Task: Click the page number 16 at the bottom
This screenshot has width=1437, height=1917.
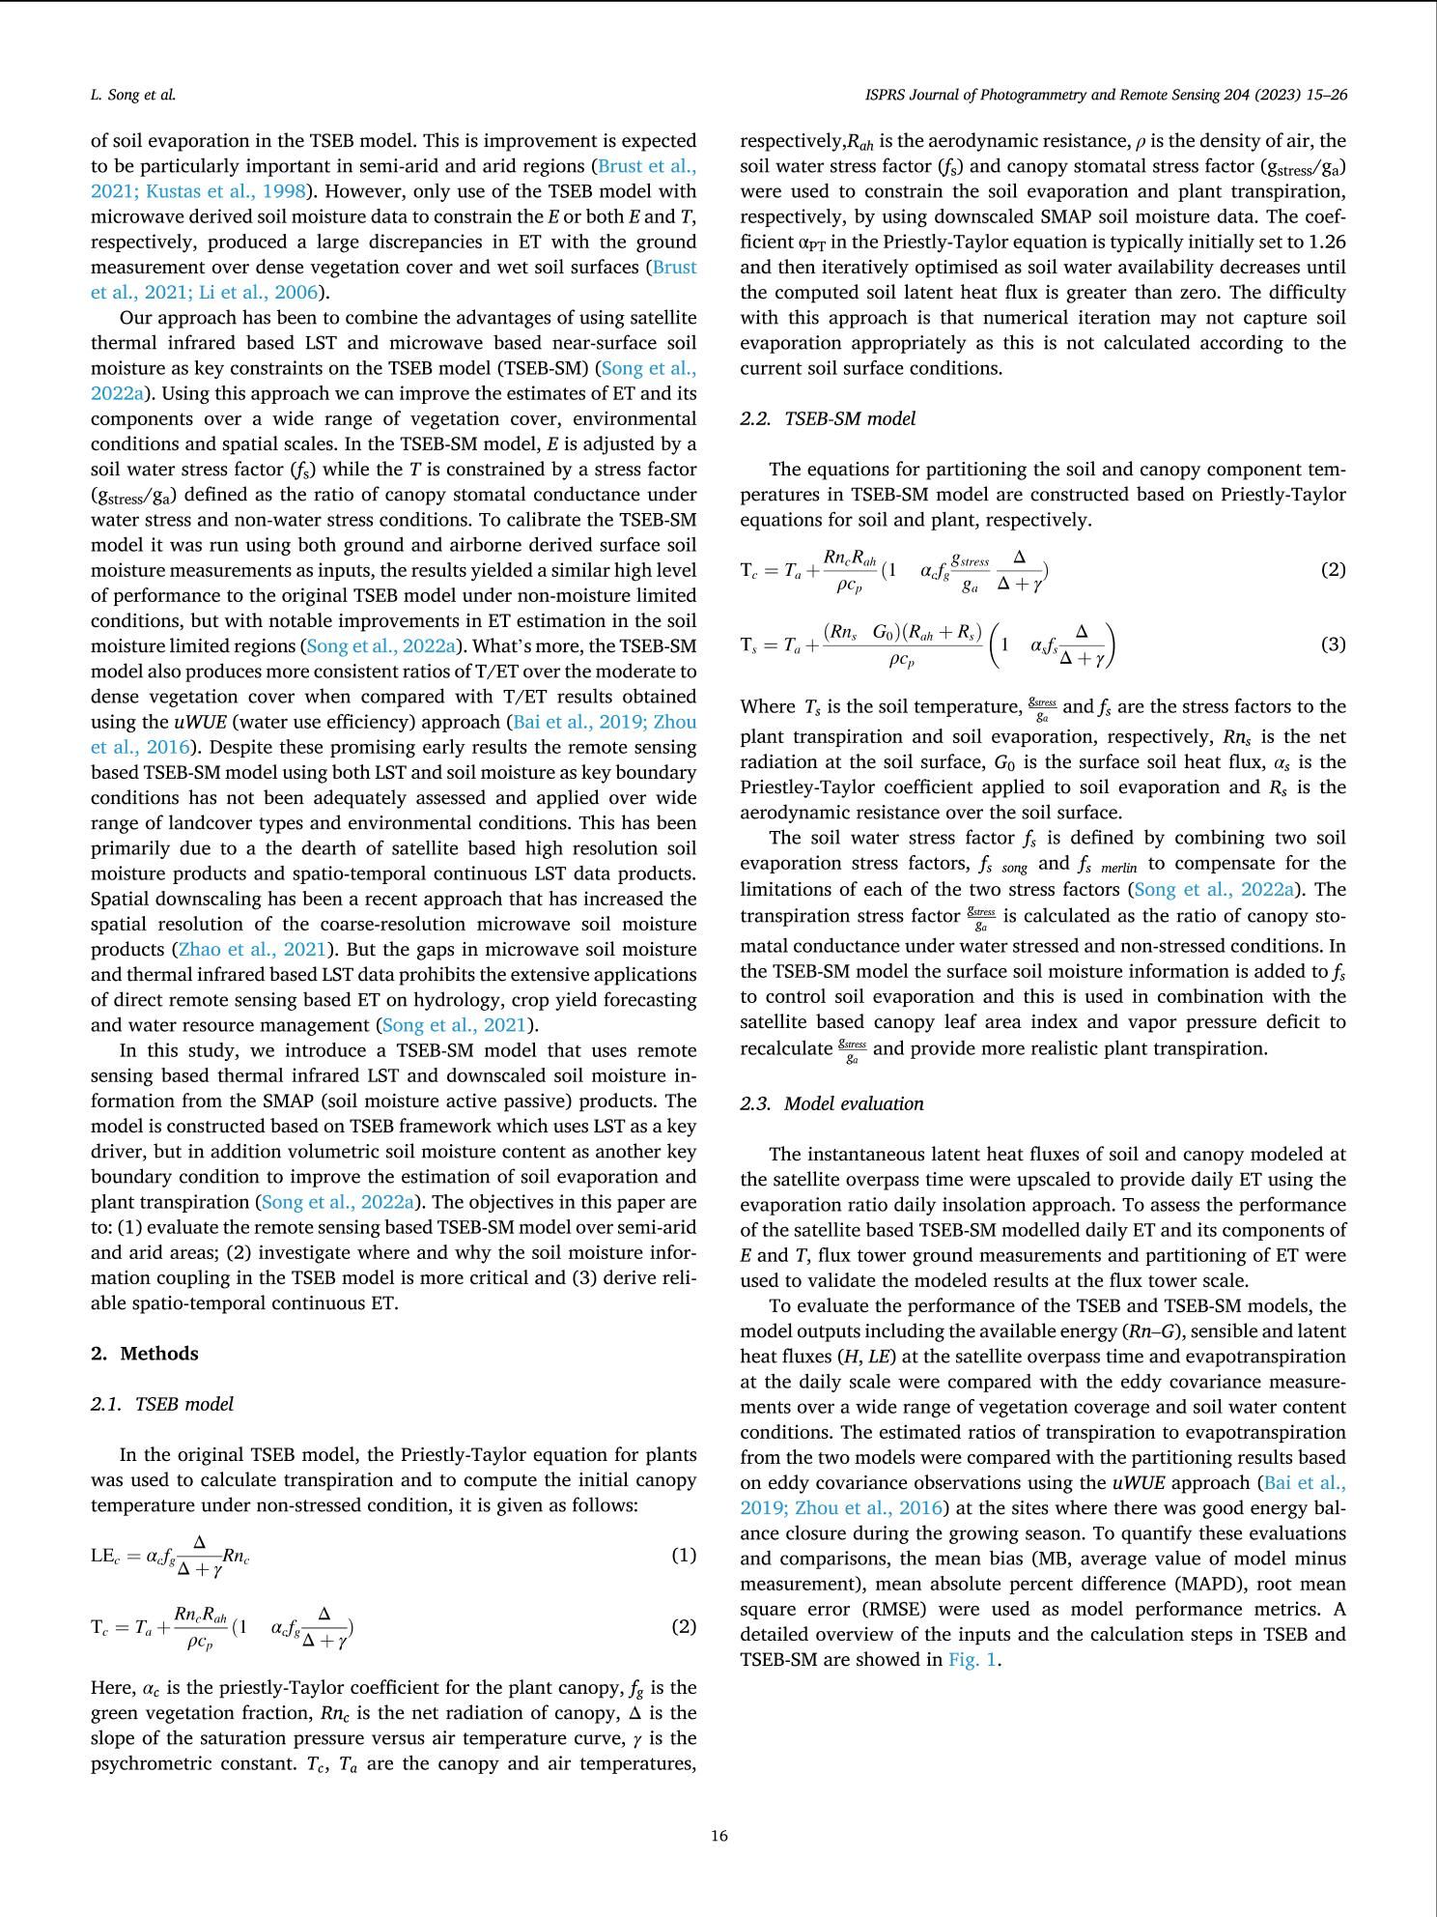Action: tap(718, 1836)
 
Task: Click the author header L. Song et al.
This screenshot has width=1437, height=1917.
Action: tap(133, 95)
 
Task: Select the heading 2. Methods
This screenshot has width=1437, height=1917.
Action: tap(145, 1353)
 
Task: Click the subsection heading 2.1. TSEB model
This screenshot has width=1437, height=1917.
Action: tap(162, 1404)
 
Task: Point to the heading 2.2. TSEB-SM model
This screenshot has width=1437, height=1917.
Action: tap(828, 418)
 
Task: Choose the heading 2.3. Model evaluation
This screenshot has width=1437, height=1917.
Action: tap(831, 1103)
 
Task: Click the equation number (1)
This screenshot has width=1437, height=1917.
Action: tap(684, 1555)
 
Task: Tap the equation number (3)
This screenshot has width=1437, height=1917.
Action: tap(1333, 644)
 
